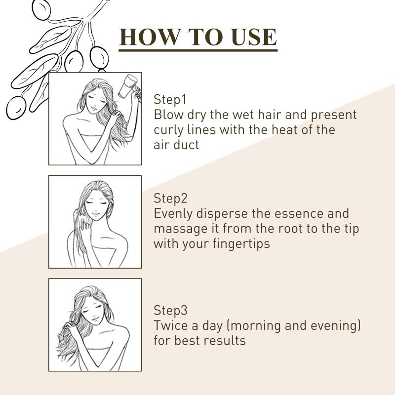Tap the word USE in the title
point(254,37)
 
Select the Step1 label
point(170,99)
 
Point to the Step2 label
point(170,198)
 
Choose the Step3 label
point(170,310)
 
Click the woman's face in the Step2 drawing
point(95,206)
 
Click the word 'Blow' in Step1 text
point(168,115)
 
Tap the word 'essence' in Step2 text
point(299,214)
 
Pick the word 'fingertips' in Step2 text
point(241,244)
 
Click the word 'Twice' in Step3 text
point(171,325)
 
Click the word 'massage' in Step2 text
point(180,229)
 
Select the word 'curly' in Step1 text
point(168,130)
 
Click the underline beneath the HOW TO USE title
point(198,51)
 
